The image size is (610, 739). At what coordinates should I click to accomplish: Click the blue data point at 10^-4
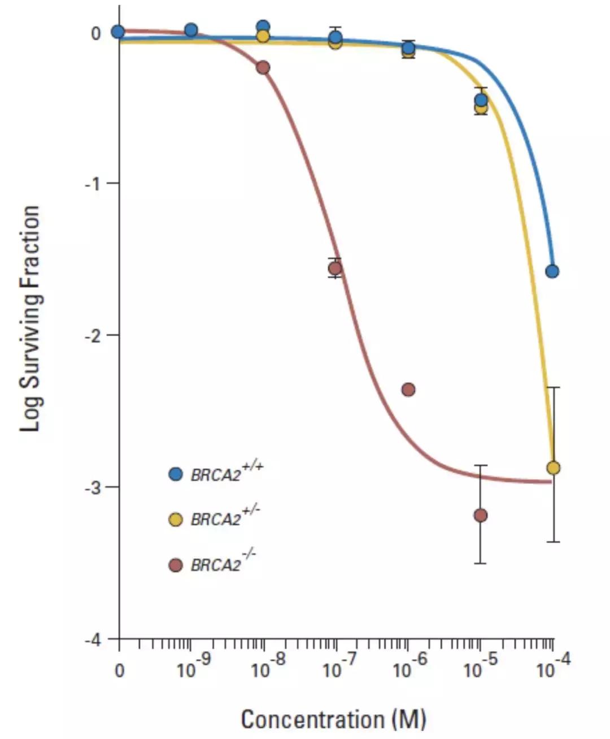point(552,271)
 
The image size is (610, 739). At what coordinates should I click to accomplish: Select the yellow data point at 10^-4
point(554,468)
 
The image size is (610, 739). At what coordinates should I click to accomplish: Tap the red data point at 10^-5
point(481,515)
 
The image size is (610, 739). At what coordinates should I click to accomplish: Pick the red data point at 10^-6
point(408,389)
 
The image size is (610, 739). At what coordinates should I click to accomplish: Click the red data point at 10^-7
point(335,268)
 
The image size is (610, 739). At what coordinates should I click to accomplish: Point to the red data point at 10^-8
point(263,67)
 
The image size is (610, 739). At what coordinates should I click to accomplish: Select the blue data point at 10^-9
point(191,30)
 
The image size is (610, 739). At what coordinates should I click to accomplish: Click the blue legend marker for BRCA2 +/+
point(176,474)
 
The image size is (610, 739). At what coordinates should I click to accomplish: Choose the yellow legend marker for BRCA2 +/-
point(176,519)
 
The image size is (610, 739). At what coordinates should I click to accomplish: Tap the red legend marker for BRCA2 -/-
point(176,564)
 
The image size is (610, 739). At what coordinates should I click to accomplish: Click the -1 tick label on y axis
point(94,184)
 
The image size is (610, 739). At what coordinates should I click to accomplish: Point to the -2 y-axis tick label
point(94,335)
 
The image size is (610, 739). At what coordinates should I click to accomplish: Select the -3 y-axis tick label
point(94,487)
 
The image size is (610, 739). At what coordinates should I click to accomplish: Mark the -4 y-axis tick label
point(94,639)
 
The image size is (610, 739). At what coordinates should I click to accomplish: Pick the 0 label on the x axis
point(119,671)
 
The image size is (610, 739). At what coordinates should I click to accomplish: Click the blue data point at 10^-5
point(481,100)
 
